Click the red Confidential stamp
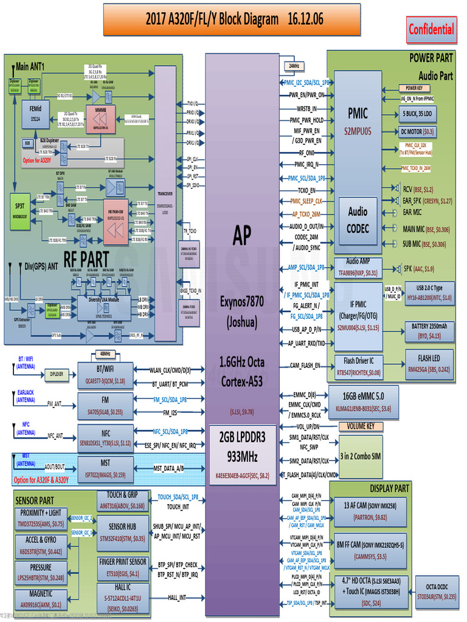tap(431, 29)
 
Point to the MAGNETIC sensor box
tap(41, 598)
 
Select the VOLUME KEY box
tap(361, 426)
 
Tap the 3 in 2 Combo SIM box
tap(361, 456)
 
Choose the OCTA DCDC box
tap(437, 592)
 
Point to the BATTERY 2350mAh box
tap(433, 330)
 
